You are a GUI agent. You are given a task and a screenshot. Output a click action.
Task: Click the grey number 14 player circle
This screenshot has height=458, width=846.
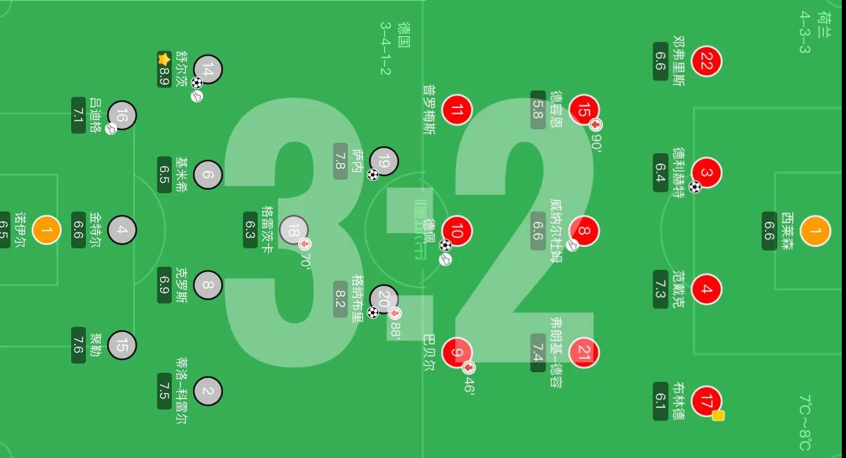(x=207, y=69)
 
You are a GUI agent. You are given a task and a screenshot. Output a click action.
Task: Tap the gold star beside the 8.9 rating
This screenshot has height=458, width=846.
(x=164, y=59)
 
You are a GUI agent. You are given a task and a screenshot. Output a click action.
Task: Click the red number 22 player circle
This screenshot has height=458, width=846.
(x=706, y=61)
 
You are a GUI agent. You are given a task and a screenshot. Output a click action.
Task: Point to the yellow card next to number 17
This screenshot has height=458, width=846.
(x=718, y=416)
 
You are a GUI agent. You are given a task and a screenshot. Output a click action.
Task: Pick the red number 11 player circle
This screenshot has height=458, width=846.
(x=457, y=110)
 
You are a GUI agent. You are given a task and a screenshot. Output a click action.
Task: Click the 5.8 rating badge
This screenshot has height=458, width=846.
(x=537, y=110)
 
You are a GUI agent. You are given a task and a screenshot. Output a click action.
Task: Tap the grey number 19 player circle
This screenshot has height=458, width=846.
(x=384, y=161)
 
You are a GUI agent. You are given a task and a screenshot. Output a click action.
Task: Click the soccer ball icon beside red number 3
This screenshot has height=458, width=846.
(x=694, y=187)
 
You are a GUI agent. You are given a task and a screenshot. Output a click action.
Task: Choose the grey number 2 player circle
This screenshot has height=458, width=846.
(x=207, y=391)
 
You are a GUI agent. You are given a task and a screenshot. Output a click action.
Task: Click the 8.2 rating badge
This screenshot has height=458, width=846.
(x=340, y=299)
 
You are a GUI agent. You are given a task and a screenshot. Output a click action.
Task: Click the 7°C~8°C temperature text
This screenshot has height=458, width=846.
(x=806, y=422)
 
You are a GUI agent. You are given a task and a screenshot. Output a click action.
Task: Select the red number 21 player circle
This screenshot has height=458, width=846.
(x=583, y=353)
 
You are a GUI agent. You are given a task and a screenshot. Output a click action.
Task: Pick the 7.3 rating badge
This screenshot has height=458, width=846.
(x=660, y=289)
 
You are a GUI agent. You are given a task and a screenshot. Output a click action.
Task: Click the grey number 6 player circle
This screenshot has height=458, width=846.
(x=207, y=175)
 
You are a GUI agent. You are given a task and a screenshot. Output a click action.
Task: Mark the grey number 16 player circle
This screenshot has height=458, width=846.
(x=121, y=115)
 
